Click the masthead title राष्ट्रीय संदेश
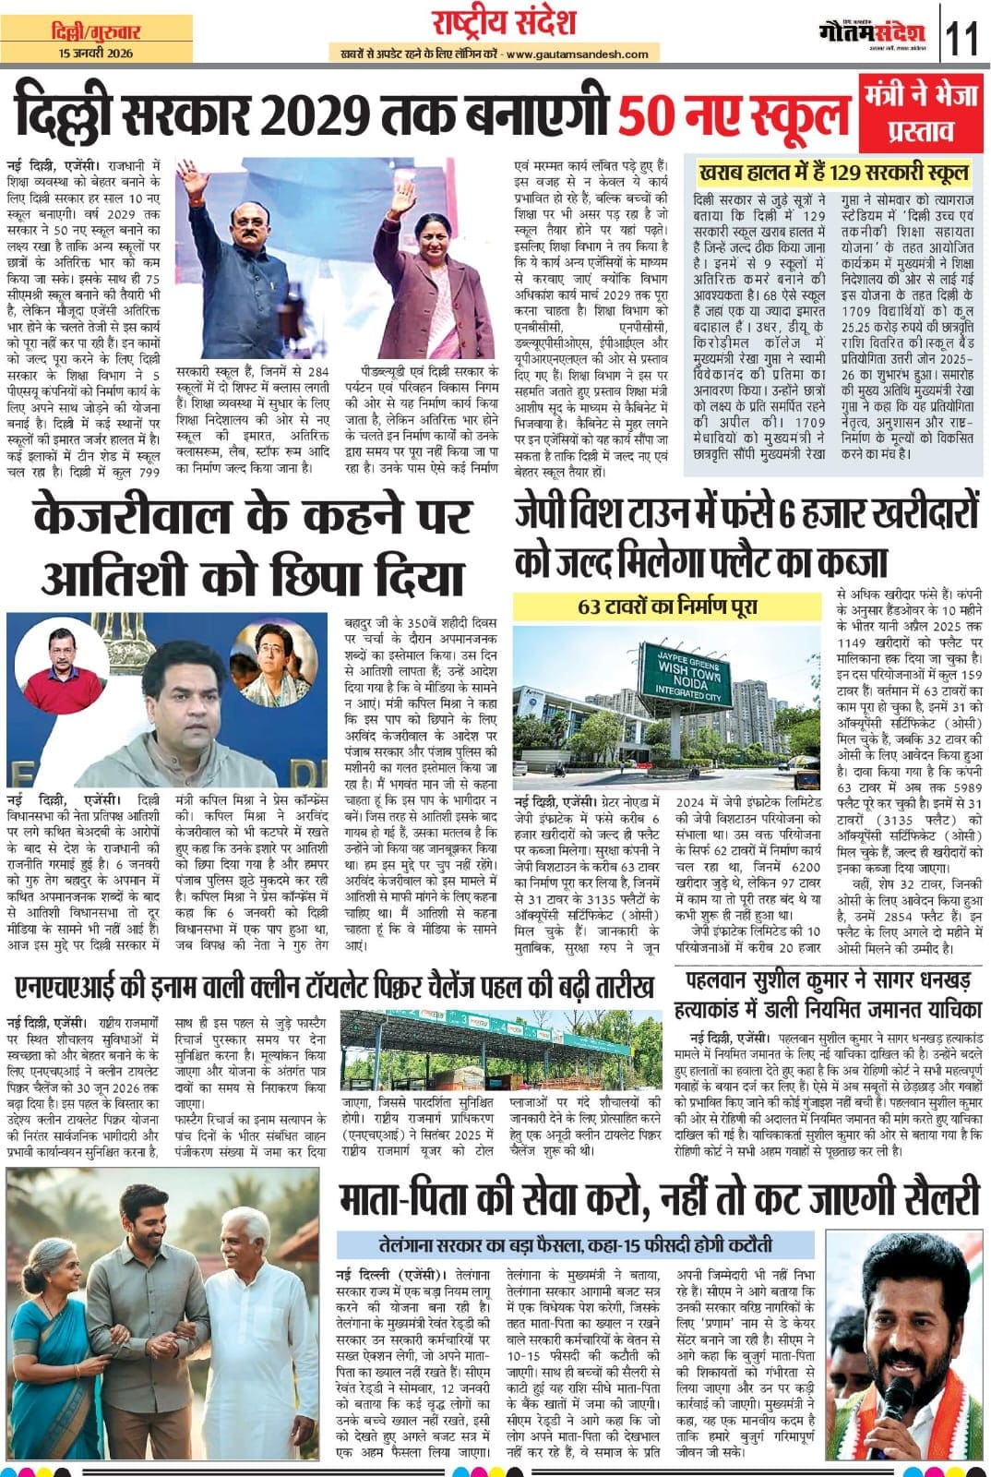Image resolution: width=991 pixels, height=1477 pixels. tap(504, 21)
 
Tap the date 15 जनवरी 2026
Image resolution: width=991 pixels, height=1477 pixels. tap(96, 54)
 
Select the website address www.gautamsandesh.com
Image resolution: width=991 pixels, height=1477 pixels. tap(578, 55)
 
